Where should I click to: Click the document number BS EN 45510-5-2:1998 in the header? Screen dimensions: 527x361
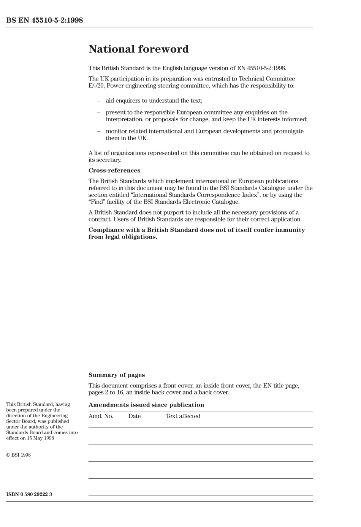[x=44, y=20]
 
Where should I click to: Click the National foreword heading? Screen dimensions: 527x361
[x=138, y=49]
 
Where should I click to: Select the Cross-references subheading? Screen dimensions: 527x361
[x=114, y=171]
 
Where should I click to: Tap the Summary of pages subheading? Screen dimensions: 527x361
[x=116, y=375]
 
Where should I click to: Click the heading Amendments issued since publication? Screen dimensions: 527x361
[x=146, y=405]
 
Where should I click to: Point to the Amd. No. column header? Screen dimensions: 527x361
[x=101, y=416]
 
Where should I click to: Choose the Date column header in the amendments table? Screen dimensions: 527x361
[x=134, y=416]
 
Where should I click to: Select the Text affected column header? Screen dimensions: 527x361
[x=183, y=416]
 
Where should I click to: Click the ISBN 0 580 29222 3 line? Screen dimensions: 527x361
[x=29, y=494]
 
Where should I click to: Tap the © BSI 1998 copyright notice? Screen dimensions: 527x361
[x=18, y=455]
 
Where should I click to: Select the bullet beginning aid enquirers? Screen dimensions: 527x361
[x=154, y=101]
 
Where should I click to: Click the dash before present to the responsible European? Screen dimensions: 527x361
[x=99, y=112]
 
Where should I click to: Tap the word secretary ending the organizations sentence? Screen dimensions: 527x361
[x=108, y=160]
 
